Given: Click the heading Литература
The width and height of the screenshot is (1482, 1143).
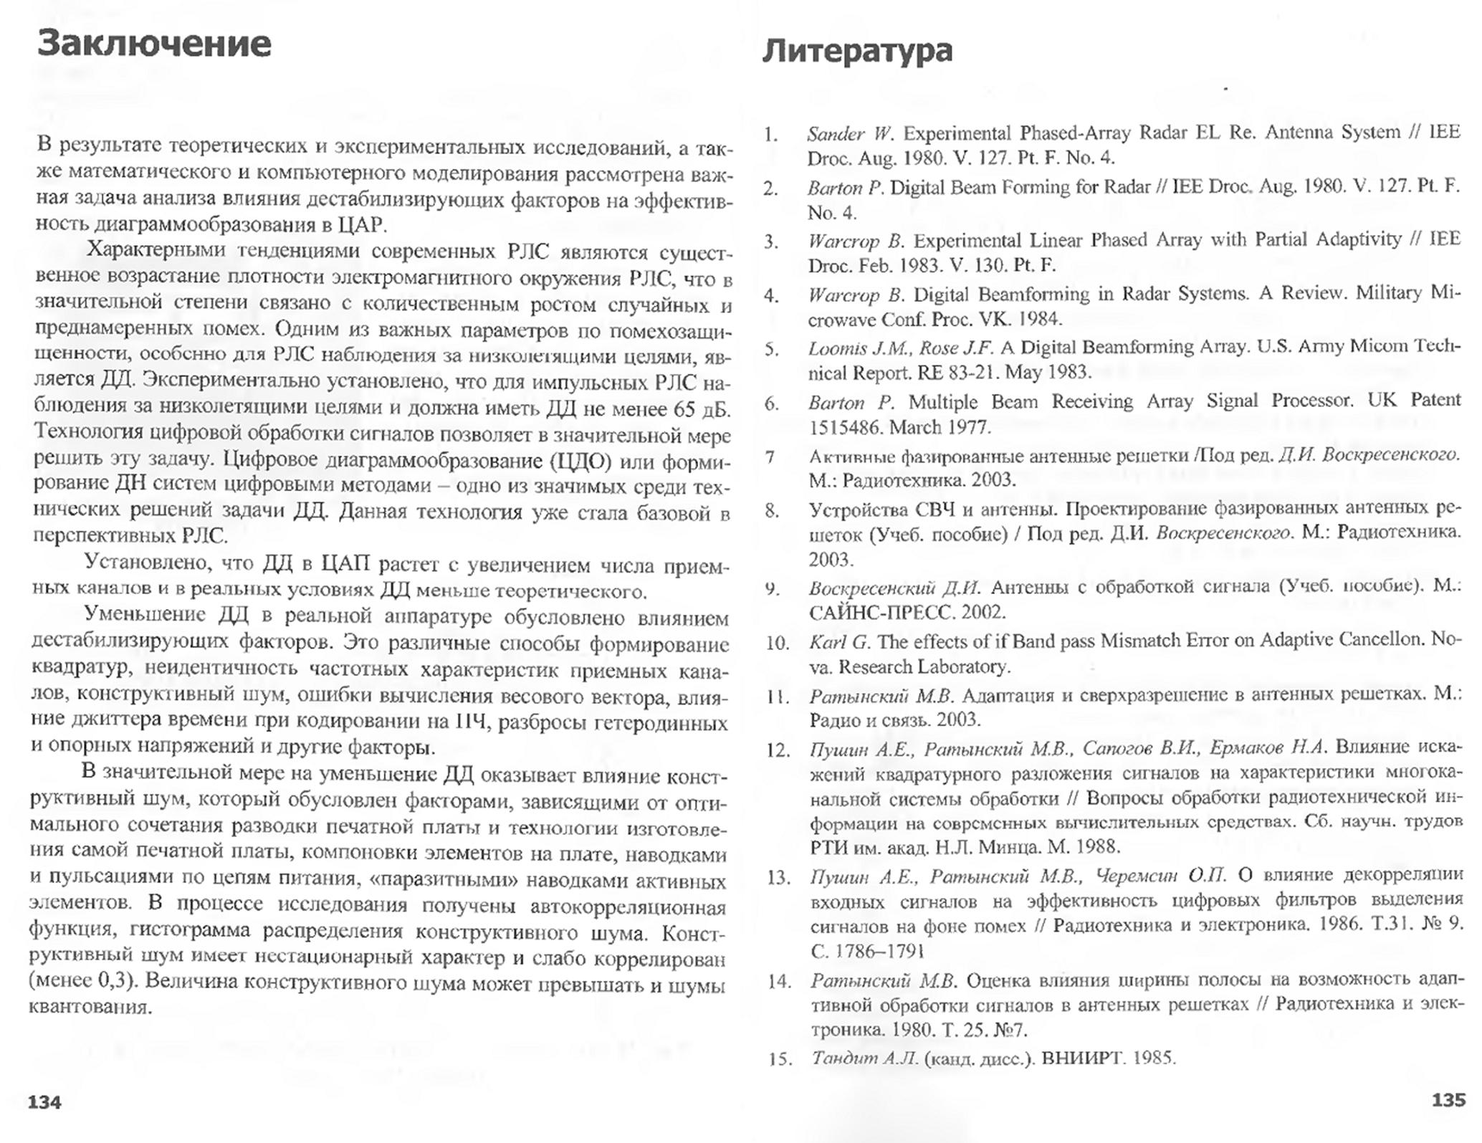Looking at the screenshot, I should pyautogui.click(x=857, y=50).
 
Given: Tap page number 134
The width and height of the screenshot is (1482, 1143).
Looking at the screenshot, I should pyautogui.click(x=44, y=1102).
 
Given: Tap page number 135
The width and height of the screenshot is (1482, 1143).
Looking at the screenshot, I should pyautogui.click(x=1448, y=1100).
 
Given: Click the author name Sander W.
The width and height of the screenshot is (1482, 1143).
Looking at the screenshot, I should pyautogui.click(x=850, y=134).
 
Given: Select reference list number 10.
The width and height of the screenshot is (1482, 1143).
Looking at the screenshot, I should pyautogui.click(x=777, y=643).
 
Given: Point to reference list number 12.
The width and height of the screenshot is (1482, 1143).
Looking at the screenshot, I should pyautogui.click(x=778, y=750).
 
